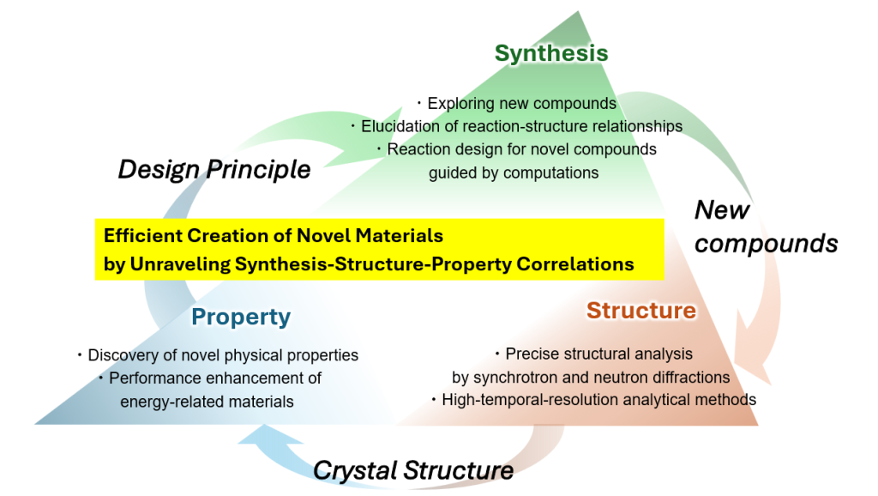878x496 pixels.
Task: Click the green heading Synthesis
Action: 551,53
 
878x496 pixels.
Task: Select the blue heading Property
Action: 241,318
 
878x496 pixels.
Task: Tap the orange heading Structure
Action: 641,311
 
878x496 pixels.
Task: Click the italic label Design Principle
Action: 213,169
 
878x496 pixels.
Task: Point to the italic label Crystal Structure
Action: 413,470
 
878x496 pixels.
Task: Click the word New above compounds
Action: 722,210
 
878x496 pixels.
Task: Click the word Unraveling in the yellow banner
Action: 180,264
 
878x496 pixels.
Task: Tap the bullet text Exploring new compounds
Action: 522,103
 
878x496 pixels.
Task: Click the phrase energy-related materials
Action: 207,402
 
